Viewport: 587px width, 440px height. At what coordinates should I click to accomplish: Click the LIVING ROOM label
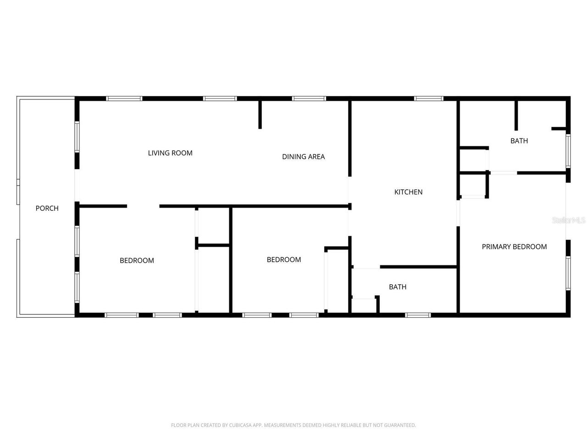coord(170,153)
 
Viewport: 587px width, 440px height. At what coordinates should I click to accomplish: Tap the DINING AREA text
coord(303,157)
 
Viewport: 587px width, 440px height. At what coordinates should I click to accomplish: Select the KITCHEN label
coord(408,192)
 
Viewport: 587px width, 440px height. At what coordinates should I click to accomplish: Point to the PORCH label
coord(47,209)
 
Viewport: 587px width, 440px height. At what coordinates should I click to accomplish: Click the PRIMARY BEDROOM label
coord(514,247)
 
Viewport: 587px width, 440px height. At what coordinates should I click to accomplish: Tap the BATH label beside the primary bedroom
coord(519,141)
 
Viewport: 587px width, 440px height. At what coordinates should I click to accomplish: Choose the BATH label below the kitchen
coord(398,287)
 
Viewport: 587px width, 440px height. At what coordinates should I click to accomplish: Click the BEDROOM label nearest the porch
coord(137,260)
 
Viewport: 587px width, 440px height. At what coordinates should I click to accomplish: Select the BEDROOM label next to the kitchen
coord(284,259)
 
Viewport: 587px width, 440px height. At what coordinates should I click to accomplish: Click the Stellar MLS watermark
coord(569,220)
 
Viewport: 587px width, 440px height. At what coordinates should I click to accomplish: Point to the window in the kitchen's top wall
coord(429,99)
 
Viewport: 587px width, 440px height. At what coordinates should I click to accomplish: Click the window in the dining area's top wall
coord(309,99)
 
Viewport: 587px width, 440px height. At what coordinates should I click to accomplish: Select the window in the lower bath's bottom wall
coord(418,315)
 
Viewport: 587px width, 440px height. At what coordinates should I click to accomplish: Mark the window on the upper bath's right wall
coord(568,151)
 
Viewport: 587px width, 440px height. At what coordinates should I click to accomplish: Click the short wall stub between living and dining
coord(260,115)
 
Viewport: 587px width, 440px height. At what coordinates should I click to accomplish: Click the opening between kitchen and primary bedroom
coord(458,213)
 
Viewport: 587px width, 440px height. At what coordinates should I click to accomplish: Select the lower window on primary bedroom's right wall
coord(568,273)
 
